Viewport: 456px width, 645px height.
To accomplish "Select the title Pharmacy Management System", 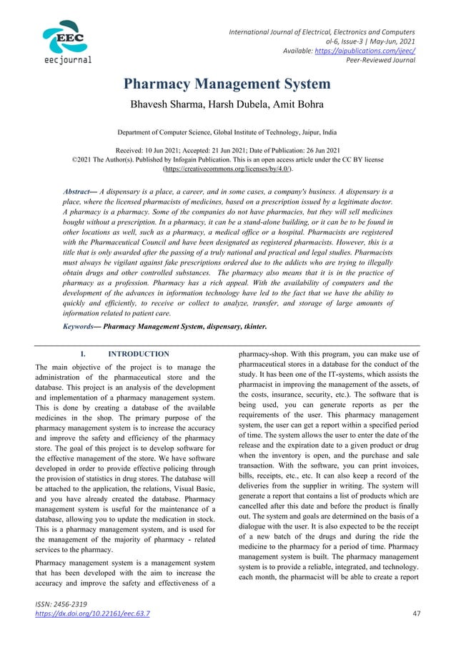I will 227,84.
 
